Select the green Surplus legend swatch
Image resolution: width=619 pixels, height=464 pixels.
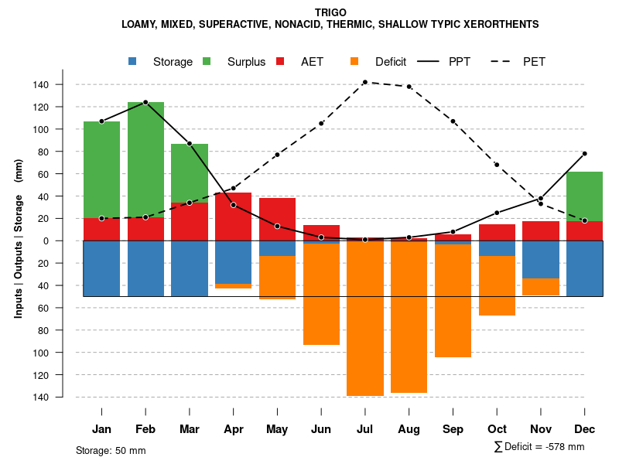pyautogui.click(x=207, y=61)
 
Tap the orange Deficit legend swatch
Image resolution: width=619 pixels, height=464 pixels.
pyautogui.click(x=355, y=61)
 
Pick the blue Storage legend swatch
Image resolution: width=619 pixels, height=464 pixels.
pyautogui.click(x=133, y=61)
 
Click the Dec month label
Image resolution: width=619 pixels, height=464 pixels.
pyautogui.click(x=584, y=429)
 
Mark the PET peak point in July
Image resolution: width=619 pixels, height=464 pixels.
pyautogui.click(x=365, y=82)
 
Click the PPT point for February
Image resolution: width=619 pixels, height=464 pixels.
pyautogui.click(x=145, y=102)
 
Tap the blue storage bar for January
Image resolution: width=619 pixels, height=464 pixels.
pyautogui.click(x=101, y=268)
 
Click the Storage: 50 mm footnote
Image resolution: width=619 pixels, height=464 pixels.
pyautogui.click(x=111, y=450)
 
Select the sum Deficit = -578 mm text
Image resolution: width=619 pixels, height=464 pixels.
pyautogui.click(x=539, y=446)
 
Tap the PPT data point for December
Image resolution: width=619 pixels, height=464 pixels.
pyautogui.click(x=584, y=154)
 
